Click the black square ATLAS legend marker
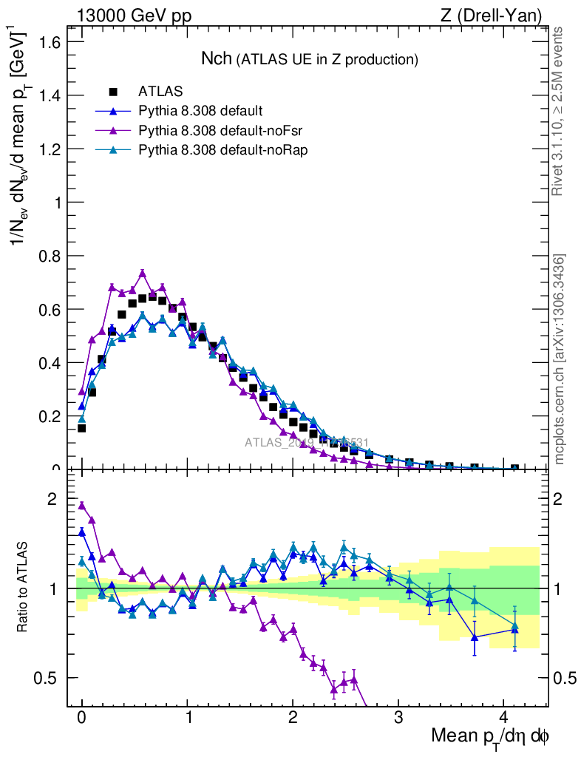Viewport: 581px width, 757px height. tap(113, 92)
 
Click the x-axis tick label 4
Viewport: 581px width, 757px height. tap(503, 718)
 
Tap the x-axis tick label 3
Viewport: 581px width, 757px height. tap(398, 718)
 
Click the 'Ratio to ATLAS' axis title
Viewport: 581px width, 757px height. tap(24, 588)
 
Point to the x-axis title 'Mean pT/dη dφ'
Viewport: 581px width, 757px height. tap(490, 736)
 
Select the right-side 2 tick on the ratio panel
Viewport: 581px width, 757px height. tap(563, 499)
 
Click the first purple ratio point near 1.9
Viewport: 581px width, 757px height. tap(82, 506)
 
